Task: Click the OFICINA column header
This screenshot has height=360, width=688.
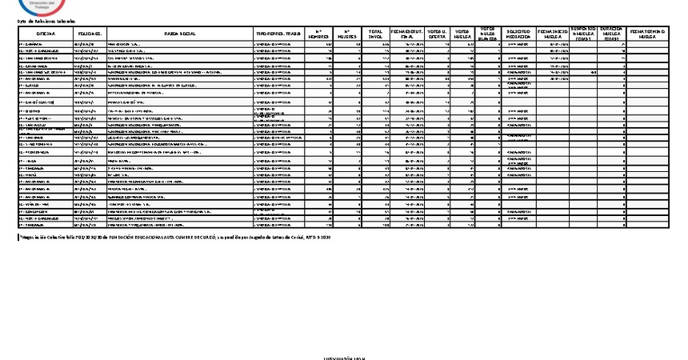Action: click(x=45, y=34)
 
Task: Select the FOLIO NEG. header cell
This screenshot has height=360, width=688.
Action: click(x=88, y=34)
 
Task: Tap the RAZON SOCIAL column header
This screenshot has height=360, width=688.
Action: click(x=179, y=34)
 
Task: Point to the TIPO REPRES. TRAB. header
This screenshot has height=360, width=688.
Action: click(x=278, y=34)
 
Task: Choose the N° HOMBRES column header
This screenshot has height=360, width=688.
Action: click(x=318, y=34)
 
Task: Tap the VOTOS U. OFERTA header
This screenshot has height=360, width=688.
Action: click(x=437, y=34)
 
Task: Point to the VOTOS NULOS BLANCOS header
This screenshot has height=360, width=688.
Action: click(x=489, y=33)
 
